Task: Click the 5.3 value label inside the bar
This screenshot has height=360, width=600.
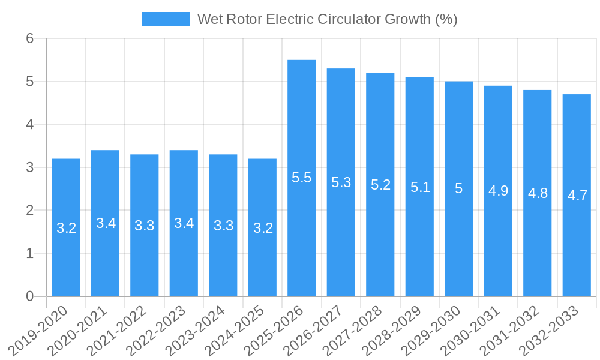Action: pyautogui.click(x=341, y=182)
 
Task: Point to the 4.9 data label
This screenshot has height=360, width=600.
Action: pyautogui.click(x=498, y=191)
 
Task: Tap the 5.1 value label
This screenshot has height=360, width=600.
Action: pyautogui.click(x=420, y=187)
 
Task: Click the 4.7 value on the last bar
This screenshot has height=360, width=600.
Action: pyautogui.click(x=577, y=196)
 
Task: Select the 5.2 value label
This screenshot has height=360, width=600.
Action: pyautogui.click(x=380, y=185)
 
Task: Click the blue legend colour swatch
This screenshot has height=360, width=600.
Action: pyautogui.click(x=166, y=19)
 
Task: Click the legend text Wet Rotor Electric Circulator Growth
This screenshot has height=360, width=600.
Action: pyautogui.click(x=328, y=19)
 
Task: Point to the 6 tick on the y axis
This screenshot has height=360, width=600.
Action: pyautogui.click(x=31, y=38)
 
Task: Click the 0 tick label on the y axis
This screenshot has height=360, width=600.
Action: pyautogui.click(x=31, y=296)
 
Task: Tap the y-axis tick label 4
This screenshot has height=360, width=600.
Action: pyautogui.click(x=31, y=124)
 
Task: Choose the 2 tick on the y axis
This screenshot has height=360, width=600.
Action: pyautogui.click(x=31, y=211)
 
